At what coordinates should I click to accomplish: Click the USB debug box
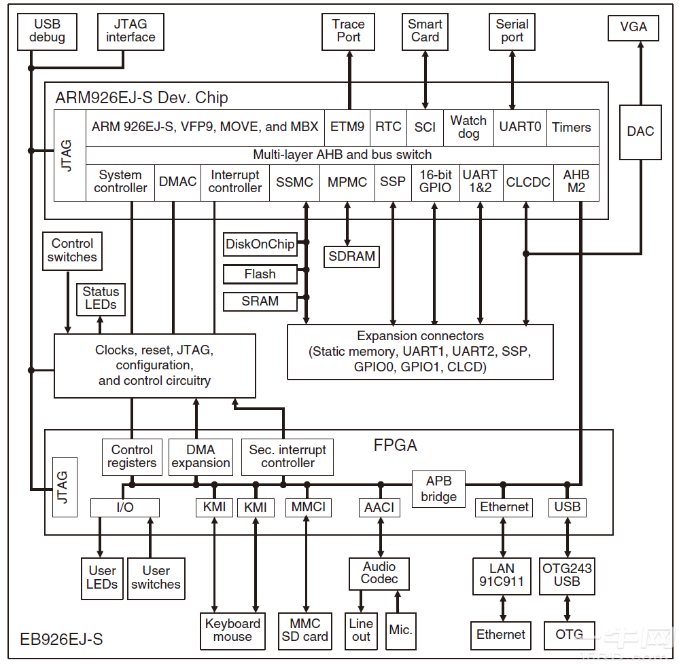(47, 31)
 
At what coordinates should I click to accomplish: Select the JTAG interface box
(130, 31)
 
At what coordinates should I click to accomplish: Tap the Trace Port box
(349, 31)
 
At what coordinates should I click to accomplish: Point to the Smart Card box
(425, 31)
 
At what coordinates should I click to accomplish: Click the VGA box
(633, 28)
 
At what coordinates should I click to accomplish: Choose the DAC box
(640, 132)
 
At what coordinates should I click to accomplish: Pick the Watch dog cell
(468, 127)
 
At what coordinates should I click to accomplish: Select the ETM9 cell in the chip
(347, 127)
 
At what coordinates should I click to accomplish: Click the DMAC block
(177, 182)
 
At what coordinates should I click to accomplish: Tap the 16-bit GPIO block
(435, 181)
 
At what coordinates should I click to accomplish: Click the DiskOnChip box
(260, 244)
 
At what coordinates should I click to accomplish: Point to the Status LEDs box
(101, 298)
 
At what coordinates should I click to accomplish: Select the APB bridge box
(438, 489)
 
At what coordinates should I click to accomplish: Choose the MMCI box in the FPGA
(308, 507)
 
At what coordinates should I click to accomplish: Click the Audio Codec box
(379, 573)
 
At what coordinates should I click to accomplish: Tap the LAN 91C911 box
(502, 575)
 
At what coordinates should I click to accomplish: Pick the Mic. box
(400, 630)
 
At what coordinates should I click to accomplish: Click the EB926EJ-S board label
(61, 640)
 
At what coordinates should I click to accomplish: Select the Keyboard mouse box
(232, 630)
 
